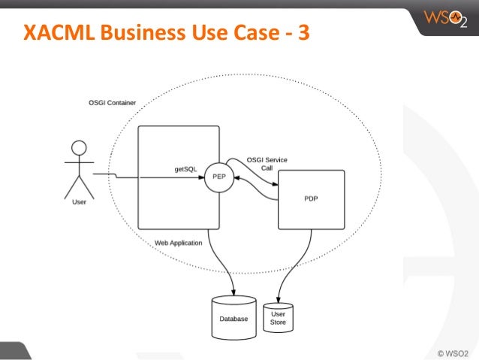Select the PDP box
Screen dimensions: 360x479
(312, 199)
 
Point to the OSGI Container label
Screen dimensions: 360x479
(107, 102)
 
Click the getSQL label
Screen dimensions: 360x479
(185, 170)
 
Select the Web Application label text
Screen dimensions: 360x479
(178, 244)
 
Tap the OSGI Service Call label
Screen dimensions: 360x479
(267, 163)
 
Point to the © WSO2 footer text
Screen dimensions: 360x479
(453, 351)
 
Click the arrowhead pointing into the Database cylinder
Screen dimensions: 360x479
(233, 292)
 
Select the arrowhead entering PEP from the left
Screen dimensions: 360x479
(200, 177)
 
